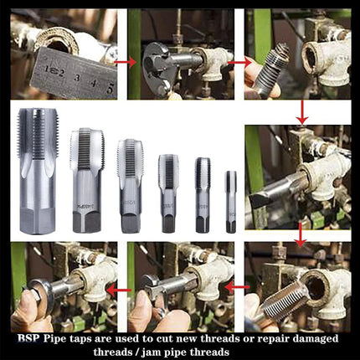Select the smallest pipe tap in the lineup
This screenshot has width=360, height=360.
pos(230,201)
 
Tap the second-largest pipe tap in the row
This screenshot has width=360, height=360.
pos(85,180)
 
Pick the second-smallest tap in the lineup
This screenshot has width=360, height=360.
pos(203,194)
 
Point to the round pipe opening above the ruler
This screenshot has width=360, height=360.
pos(62,38)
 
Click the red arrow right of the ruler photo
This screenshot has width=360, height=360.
pos(124,61)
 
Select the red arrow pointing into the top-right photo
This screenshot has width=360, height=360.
pos(238,61)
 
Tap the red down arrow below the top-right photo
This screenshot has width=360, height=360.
pos(301,111)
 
